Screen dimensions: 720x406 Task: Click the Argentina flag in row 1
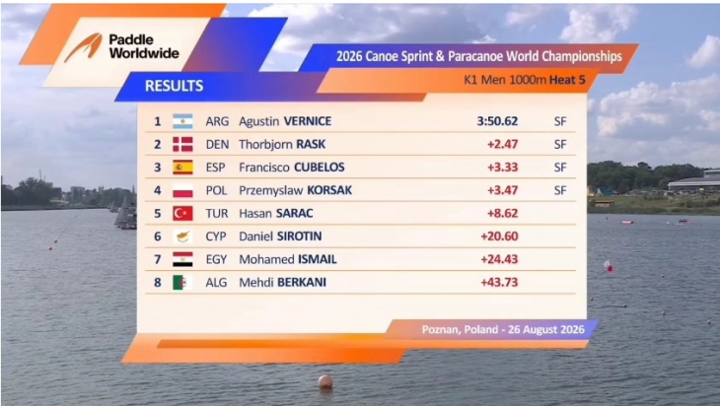pyautogui.click(x=182, y=121)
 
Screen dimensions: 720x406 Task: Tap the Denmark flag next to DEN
pyautogui.click(x=182, y=145)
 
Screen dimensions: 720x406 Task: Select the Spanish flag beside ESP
pyautogui.click(x=182, y=168)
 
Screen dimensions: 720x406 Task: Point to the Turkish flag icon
pyautogui.click(x=182, y=213)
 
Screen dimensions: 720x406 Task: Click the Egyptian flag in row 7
pyautogui.click(x=182, y=259)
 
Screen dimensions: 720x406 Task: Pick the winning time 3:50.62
pyautogui.click(x=497, y=121)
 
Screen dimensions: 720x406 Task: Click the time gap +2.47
pyautogui.click(x=502, y=144)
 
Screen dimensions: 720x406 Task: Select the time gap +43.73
pyautogui.click(x=499, y=282)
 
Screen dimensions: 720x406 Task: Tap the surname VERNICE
pyautogui.click(x=308, y=121)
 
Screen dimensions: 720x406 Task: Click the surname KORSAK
pyautogui.click(x=329, y=190)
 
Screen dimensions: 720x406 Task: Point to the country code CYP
pyautogui.click(x=216, y=237)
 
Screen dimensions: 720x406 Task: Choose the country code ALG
pyautogui.click(x=216, y=282)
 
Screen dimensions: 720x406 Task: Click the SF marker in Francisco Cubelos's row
pyautogui.click(x=560, y=168)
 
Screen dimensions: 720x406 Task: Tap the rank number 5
pyautogui.click(x=158, y=213)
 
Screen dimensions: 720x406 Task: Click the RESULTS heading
pyautogui.click(x=174, y=86)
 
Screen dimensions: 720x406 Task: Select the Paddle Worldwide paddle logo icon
pyautogui.click(x=84, y=47)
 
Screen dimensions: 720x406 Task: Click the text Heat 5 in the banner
pyautogui.click(x=567, y=80)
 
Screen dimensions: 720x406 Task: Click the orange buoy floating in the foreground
pyautogui.click(x=325, y=381)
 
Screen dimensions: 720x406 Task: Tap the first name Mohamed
pyautogui.click(x=266, y=259)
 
